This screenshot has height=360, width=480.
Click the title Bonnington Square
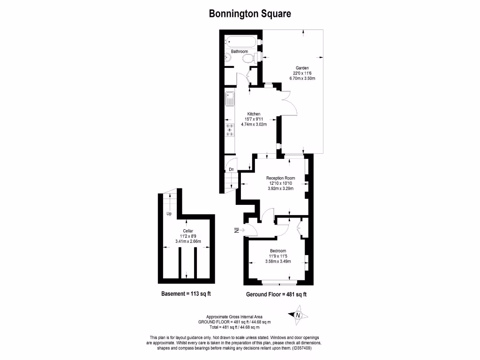coord(249,14)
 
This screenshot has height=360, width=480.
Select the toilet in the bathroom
coord(249,58)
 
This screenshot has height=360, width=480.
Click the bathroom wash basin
coord(228,58)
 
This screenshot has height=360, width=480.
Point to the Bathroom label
coord(239,51)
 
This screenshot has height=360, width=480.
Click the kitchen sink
coord(230,99)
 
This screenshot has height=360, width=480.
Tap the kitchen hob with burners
coord(230,130)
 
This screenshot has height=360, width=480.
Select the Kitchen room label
coord(254,114)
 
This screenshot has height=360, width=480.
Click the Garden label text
coord(302,67)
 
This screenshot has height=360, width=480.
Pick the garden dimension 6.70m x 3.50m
coord(302,78)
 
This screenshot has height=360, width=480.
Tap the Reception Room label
coord(280,178)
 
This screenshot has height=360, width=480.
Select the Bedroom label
coord(277,251)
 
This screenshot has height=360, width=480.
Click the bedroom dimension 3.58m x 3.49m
coord(277,261)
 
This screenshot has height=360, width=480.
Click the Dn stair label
coord(231,169)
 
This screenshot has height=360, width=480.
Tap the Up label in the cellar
coord(169,214)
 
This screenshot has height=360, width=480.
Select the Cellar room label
coord(187,231)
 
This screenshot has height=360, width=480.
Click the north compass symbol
coord(297,315)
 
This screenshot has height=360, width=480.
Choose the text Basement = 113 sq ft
coord(186,294)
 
